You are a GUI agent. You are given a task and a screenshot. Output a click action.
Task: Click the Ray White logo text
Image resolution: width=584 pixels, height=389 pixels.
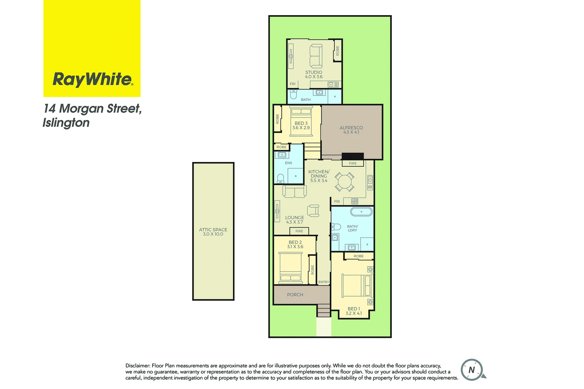[93, 79]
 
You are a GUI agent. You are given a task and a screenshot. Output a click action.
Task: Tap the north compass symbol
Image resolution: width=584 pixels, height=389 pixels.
[472, 370]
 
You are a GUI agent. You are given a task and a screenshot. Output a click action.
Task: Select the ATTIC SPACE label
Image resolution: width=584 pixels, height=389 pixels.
[213, 232]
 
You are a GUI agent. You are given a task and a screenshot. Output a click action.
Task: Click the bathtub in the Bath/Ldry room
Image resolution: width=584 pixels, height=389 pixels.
[361, 211]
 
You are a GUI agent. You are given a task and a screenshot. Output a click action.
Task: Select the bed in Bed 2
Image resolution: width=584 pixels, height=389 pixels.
[291, 268]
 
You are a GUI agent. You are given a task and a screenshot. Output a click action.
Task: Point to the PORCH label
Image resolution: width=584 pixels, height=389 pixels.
[295, 295]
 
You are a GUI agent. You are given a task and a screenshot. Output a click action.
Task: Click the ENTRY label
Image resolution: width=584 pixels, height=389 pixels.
[324, 282]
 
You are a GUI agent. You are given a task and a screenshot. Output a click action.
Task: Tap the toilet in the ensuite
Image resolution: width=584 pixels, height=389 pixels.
[281, 179]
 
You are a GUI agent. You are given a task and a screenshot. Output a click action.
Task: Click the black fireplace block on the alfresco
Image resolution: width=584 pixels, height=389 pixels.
[352, 156]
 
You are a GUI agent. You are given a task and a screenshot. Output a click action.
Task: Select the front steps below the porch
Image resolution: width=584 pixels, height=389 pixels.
[324, 310]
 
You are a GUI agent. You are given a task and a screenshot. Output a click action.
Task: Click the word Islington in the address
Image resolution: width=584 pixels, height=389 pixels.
[66, 123]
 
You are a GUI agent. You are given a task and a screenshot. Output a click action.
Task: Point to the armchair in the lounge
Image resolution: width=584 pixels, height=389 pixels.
[313, 210]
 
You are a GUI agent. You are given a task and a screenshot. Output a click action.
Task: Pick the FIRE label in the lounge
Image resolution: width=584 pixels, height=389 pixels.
[299, 231]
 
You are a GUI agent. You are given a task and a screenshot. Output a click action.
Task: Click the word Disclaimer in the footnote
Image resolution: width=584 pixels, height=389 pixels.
[137, 366]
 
